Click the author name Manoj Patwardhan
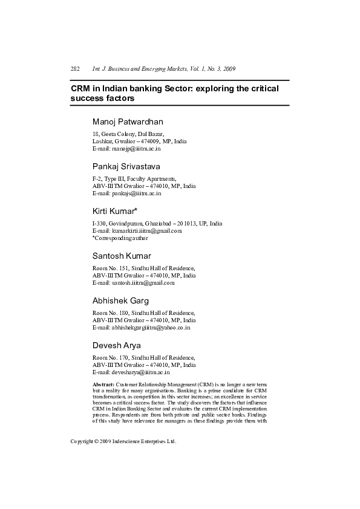tap(128, 122)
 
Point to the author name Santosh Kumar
tap(122, 256)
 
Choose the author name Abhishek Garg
tap(120, 300)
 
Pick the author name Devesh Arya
tap(116, 345)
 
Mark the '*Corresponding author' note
tap(120, 238)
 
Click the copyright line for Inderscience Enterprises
tap(123, 442)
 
